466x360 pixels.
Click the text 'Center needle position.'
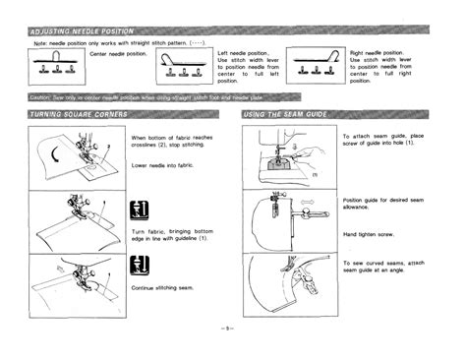[x=121, y=53]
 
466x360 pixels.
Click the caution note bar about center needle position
[x=162, y=97]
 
